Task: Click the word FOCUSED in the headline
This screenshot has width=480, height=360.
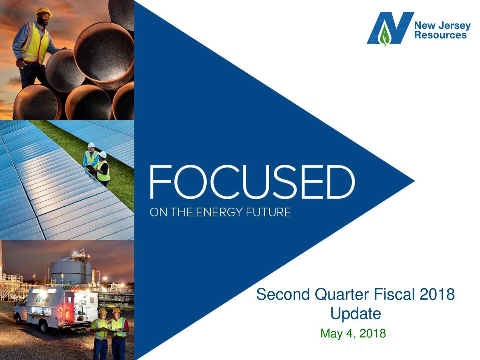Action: tap(252, 183)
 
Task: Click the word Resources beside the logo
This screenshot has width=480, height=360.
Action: tap(440, 35)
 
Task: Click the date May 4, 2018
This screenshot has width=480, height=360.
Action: tap(353, 333)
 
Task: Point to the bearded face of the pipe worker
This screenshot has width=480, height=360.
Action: tap(43, 19)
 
